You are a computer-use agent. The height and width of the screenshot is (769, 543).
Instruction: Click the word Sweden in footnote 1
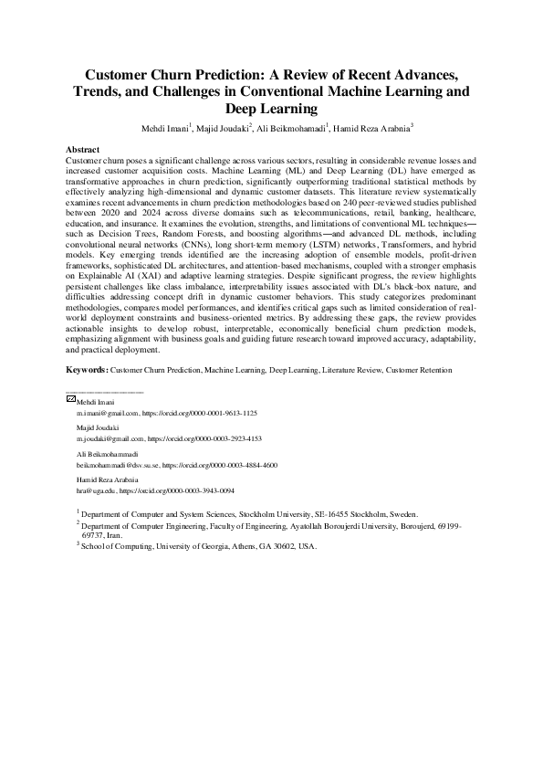pyautogui.click(x=400, y=515)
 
